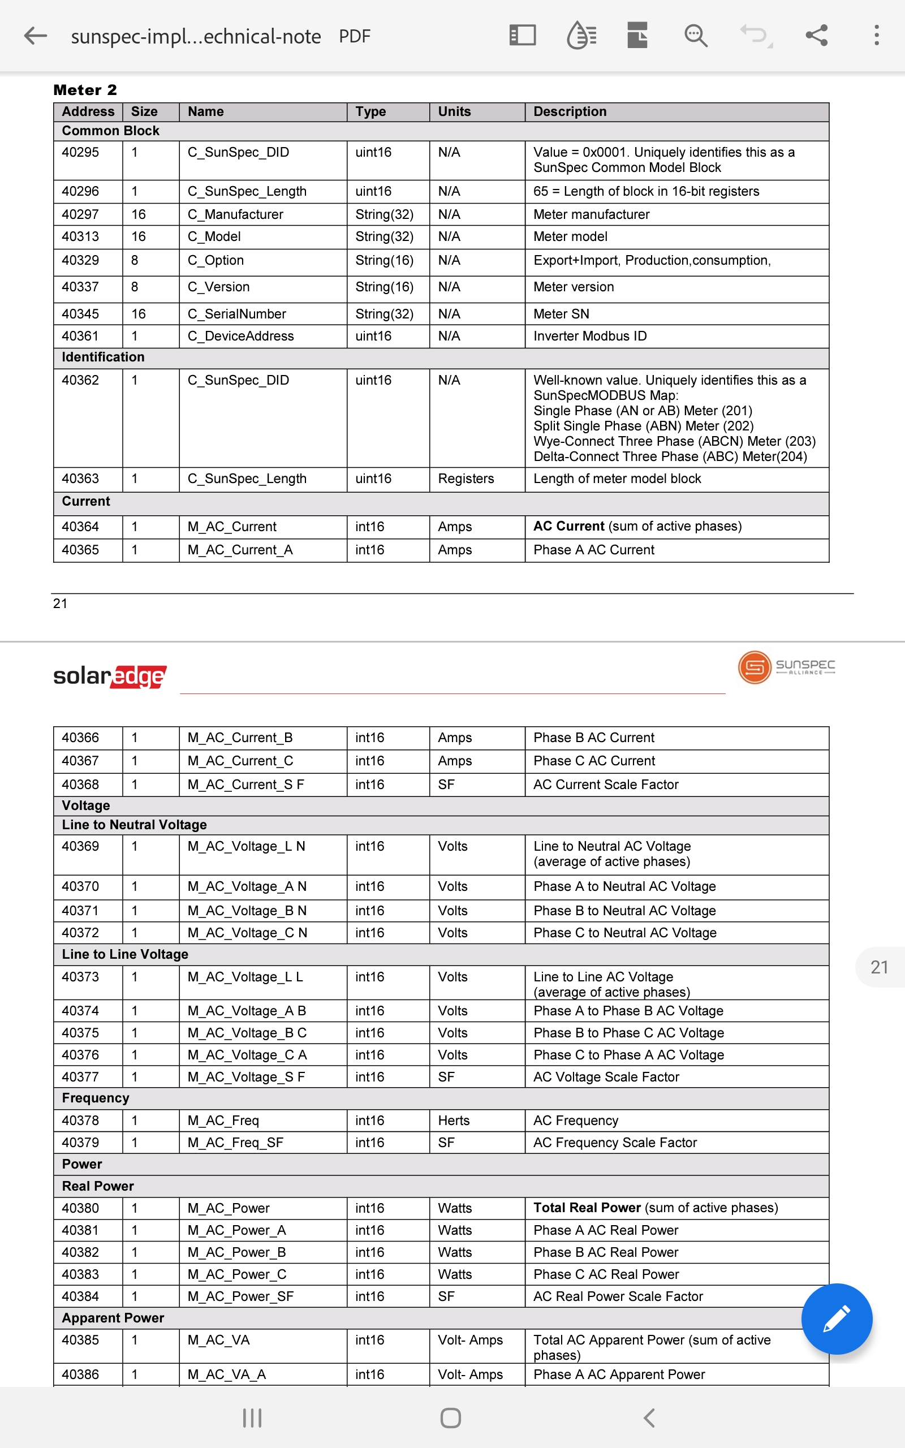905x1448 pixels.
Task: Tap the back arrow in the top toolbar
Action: [x=35, y=36]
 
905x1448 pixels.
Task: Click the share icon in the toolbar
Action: [x=816, y=36]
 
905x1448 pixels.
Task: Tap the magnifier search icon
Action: [x=696, y=36]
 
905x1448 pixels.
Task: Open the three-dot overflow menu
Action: [x=876, y=36]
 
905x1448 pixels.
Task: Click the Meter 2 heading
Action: [x=85, y=90]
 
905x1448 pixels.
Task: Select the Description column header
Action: [x=569, y=112]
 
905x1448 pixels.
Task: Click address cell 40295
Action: [x=80, y=153]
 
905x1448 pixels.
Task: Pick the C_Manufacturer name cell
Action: [x=235, y=214]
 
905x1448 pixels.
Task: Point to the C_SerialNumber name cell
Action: [x=236, y=313]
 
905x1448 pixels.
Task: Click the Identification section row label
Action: [x=103, y=357]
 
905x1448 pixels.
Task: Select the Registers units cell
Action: [x=466, y=479]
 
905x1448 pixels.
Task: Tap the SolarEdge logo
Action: [x=110, y=676]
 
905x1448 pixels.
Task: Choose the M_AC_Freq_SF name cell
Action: [x=235, y=1142]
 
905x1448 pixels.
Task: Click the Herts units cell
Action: [x=453, y=1120]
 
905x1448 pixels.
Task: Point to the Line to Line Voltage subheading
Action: [x=125, y=954]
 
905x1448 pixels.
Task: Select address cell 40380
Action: [x=80, y=1208]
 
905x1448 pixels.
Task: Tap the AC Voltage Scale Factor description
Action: [x=606, y=1077]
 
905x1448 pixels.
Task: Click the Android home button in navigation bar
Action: [x=450, y=1417]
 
